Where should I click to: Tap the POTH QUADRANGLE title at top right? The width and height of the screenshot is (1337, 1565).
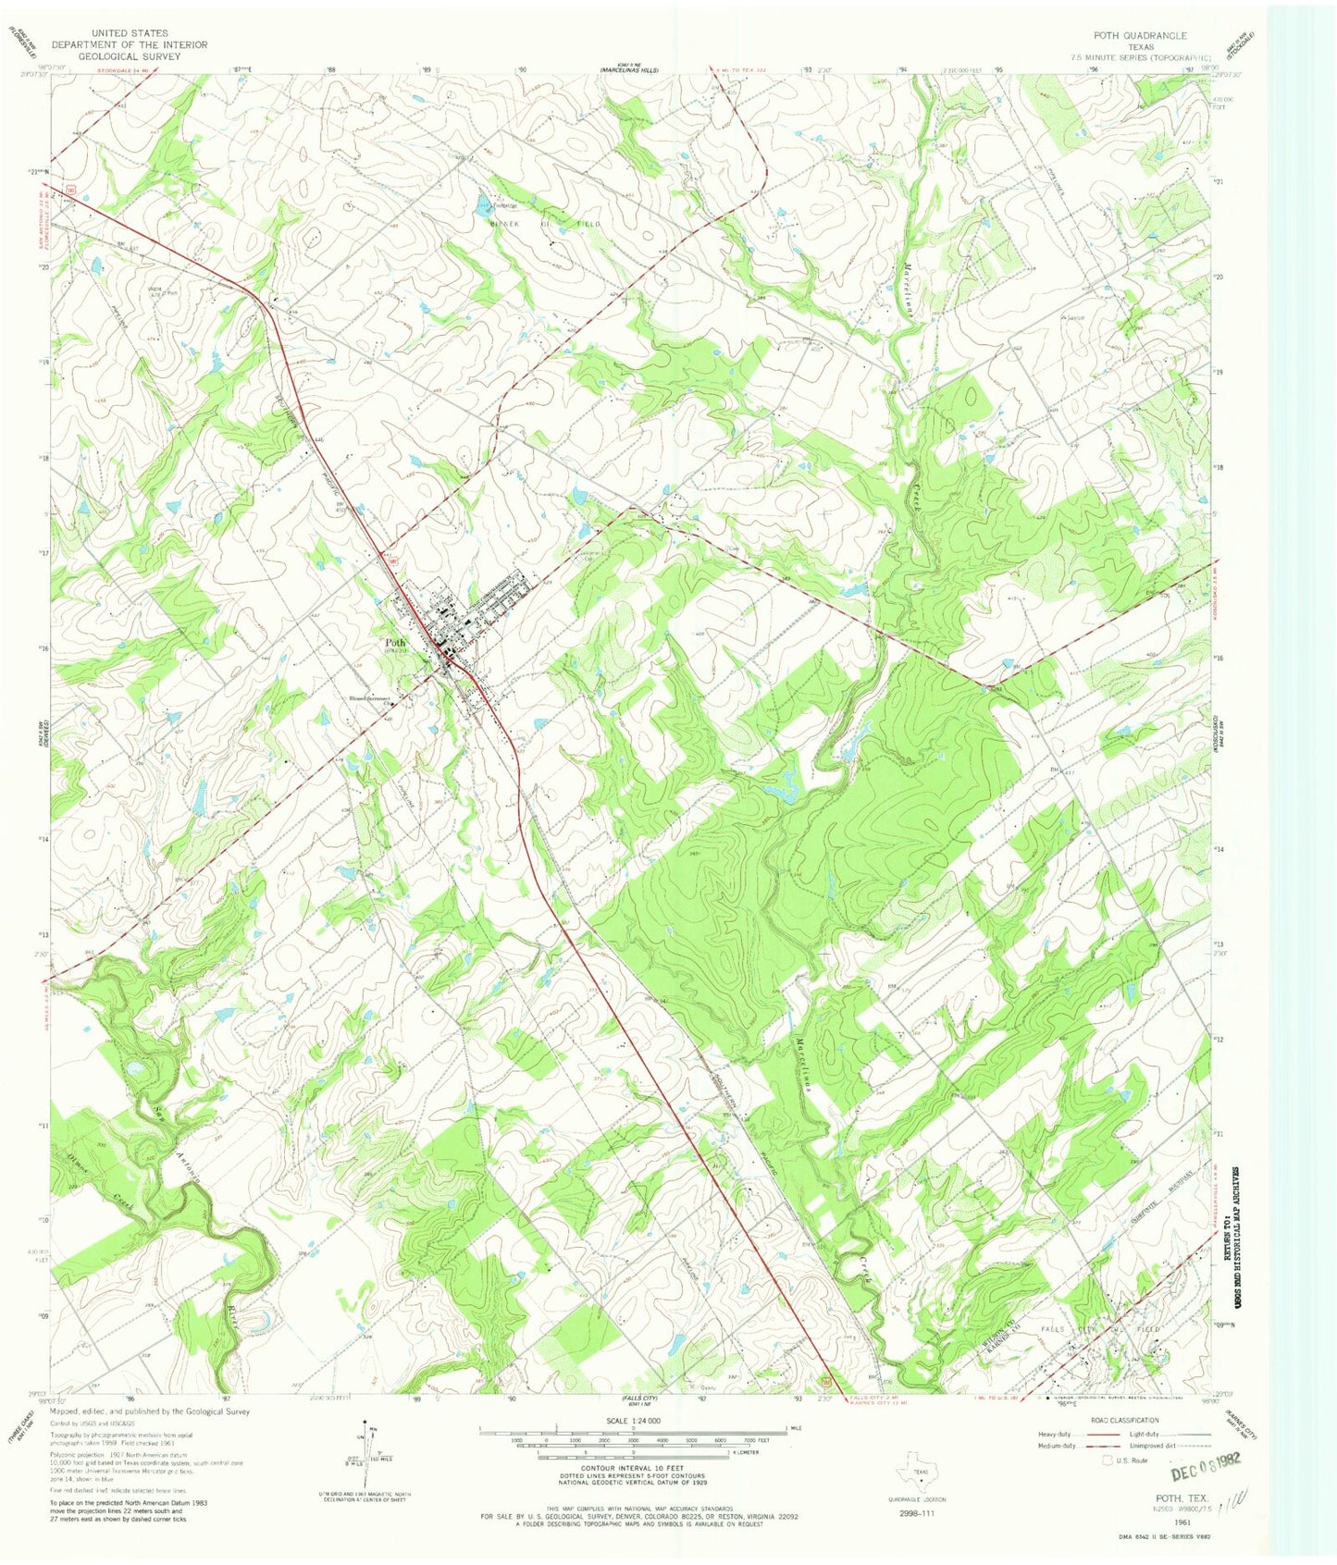(1139, 35)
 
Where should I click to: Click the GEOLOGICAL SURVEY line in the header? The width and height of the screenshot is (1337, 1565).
(130, 56)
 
